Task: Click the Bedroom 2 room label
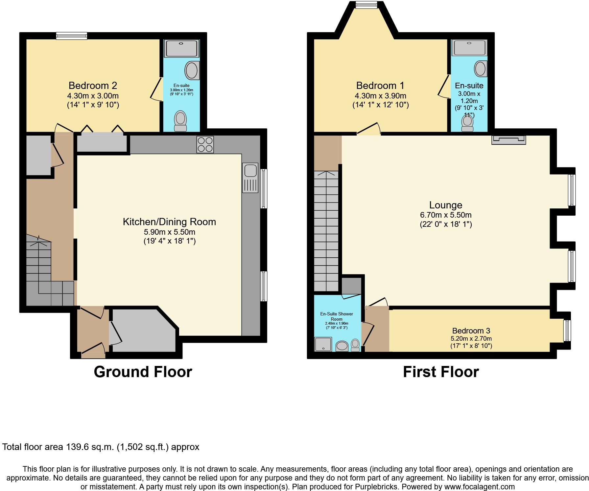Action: (x=93, y=86)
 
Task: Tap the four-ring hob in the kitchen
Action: (x=205, y=144)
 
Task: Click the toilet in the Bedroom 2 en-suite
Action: (x=180, y=121)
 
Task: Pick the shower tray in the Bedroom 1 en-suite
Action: (x=469, y=48)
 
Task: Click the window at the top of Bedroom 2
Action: (x=72, y=36)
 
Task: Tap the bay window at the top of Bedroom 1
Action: (x=366, y=4)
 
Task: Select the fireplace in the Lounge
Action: (x=508, y=140)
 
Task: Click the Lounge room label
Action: (x=446, y=205)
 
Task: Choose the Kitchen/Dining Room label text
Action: (x=169, y=222)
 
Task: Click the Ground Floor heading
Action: (x=143, y=372)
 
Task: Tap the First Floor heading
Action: (x=441, y=372)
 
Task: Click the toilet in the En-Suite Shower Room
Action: (x=355, y=345)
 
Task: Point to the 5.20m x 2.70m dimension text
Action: (x=471, y=339)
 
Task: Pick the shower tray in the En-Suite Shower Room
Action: (x=323, y=345)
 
